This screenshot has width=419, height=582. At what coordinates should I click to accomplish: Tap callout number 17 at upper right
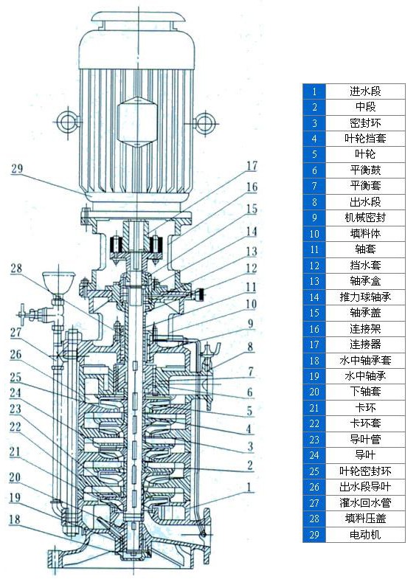pyautogui.click(x=252, y=165)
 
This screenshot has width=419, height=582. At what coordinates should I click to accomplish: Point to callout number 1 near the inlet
pyautogui.click(x=251, y=487)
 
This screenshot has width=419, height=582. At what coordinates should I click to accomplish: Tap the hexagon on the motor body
pyautogui.click(x=136, y=117)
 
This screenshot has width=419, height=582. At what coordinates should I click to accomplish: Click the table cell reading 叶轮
pyautogui.click(x=365, y=154)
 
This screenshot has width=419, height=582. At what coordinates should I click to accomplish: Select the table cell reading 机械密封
pyautogui.click(x=365, y=218)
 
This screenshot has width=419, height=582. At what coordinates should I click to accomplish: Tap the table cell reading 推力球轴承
pyautogui.click(x=365, y=297)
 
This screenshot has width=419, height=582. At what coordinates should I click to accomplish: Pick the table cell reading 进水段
pyautogui.click(x=365, y=91)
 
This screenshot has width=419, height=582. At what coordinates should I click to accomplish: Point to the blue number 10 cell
pyautogui.click(x=314, y=234)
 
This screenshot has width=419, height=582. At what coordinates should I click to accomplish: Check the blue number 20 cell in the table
pyautogui.click(x=314, y=392)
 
